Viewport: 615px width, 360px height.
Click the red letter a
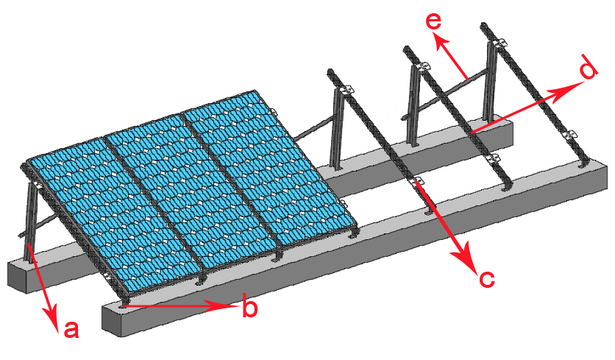click(71, 329)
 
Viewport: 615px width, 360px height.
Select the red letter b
click(250, 308)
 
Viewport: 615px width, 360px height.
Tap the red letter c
click(486, 278)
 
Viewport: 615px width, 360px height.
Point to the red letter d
click(588, 71)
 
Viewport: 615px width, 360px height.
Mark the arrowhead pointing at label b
click(231, 304)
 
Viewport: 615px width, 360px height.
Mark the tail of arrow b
click(127, 302)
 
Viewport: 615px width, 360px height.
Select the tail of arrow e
click(468, 77)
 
